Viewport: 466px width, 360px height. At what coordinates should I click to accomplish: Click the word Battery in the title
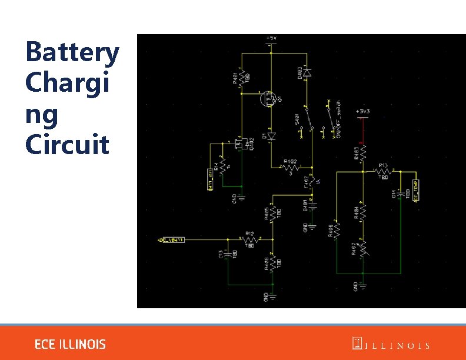[72, 53]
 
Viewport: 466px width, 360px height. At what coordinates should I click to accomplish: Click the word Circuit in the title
[67, 144]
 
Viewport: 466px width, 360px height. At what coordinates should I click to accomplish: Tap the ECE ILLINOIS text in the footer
[70, 344]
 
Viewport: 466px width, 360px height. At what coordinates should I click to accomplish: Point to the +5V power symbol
[271, 39]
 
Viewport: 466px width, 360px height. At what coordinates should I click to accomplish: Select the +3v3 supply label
[362, 112]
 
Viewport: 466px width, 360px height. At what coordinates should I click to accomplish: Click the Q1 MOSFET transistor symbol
[269, 98]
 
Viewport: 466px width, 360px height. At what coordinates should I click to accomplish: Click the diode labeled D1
[271, 136]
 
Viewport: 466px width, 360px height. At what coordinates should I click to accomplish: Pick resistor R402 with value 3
[289, 166]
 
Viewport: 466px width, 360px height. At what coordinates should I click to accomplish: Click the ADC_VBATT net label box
[171, 239]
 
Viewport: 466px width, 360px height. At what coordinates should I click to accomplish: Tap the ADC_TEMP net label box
[417, 190]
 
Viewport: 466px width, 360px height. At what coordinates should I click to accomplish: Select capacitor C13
[229, 254]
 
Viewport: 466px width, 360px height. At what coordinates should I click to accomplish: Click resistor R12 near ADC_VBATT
[249, 239]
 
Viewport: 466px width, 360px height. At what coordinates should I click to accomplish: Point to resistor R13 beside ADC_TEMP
[382, 172]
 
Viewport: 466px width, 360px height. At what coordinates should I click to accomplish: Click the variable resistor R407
[363, 248]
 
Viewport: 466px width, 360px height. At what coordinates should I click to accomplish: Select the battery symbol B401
[312, 205]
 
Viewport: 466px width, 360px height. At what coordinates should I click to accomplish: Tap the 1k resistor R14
[222, 166]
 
